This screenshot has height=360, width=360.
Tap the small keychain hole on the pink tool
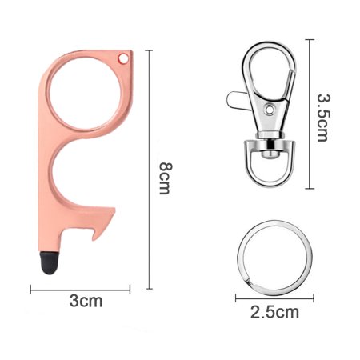123,58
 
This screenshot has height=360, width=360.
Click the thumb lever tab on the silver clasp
234,101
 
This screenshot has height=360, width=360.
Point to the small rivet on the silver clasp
270,106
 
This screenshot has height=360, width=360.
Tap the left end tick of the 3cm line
31,289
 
